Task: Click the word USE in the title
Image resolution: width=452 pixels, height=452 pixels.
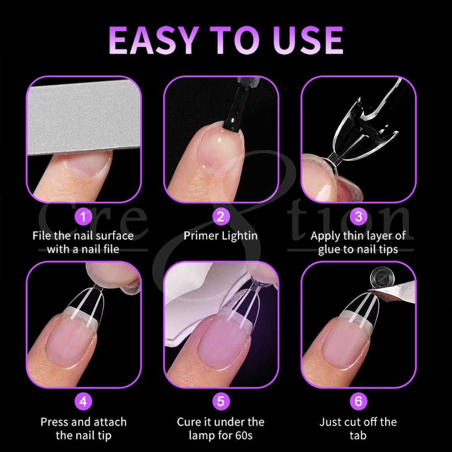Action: coord(308,40)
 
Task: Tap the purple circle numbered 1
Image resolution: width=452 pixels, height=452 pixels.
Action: coord(83,217)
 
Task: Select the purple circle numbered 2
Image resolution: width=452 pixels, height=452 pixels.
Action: coord(221,217)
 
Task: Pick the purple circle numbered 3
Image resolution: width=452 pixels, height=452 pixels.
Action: coord(358,217)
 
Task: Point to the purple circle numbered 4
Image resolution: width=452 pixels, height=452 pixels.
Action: coord(83,401)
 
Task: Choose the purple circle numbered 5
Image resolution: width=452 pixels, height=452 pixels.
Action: coord(221,401)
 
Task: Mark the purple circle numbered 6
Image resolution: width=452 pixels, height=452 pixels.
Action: coord(358,401)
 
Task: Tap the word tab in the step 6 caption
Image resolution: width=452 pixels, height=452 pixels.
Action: coord(358,435)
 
